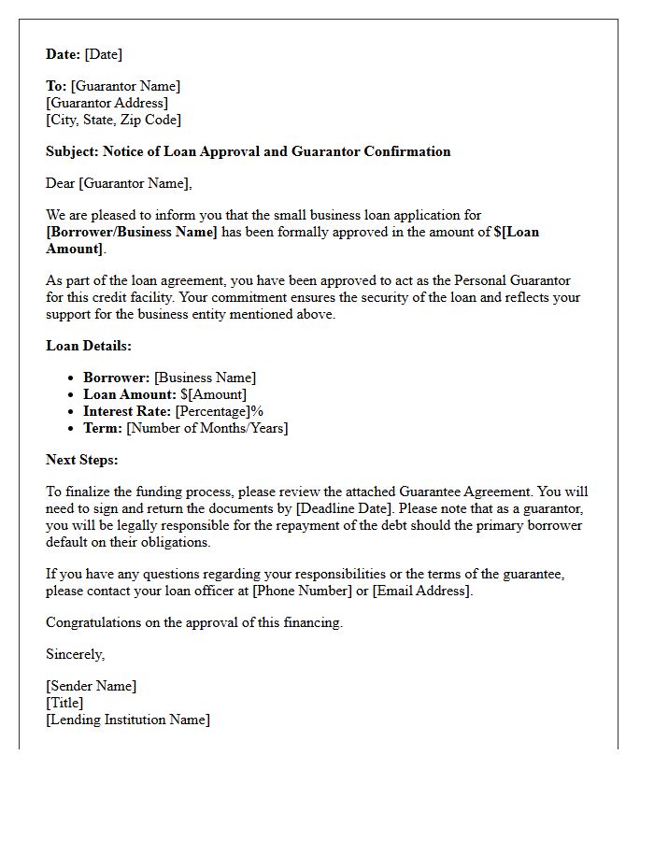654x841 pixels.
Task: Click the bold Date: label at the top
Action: coord(64,54)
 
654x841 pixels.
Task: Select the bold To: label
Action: coord(56,86)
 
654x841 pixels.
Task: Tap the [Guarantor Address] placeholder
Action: coord(107,103)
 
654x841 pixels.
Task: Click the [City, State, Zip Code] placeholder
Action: coord(113,120)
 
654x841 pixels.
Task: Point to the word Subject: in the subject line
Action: coord(72,151)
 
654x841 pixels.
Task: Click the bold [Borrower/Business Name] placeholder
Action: coord(131,232)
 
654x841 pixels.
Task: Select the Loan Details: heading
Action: coord(89,346)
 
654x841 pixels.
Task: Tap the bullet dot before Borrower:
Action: coord(73,378)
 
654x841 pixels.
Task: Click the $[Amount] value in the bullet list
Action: coord(213,394)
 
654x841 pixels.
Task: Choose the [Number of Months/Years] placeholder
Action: coord(207,428)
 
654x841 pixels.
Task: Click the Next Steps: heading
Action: coord(82,460)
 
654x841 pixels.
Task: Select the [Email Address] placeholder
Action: coord(421,591)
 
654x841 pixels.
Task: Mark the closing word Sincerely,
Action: coord(76,654)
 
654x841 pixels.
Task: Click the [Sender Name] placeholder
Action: coord(91,686)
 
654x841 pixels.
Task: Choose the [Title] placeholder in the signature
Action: coord(64,703)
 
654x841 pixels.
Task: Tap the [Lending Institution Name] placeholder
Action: coord(128,720)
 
